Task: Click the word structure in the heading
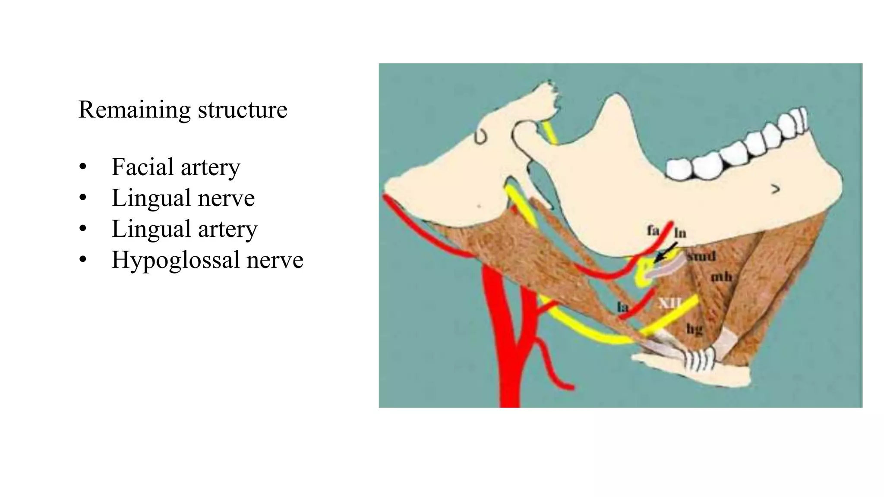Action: pyautogui.click(x=243, y=110)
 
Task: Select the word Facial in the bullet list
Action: pyautogui.click(x=142, y=167)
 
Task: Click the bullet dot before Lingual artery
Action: pyautogui.click(x=83, y=229)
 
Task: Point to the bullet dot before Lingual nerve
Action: pyautogui.click(x=83, y=198)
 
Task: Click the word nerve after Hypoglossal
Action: pyautogui.click(x=275, y=260)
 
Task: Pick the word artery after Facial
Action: pyautogui.click(x=210, y=168)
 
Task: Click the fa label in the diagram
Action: pyautogui.click(x=653, y=231)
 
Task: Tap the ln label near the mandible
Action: pyautogui.click(x=680, y=233)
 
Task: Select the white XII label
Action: pyautogui.click(x=669, y=303)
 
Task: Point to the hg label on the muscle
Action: pyautogui.click(x=695, y=330)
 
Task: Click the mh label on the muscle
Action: pyautogui.click(x=721, y=276)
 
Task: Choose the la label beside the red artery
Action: pyautogui.click(x=622, y=307)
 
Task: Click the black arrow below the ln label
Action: pyautogui.click(x=665, y=252)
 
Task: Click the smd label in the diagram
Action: pyautogui.click(x=701, y=256)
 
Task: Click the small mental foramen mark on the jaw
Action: pyautogui.click(x=776, y=189)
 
